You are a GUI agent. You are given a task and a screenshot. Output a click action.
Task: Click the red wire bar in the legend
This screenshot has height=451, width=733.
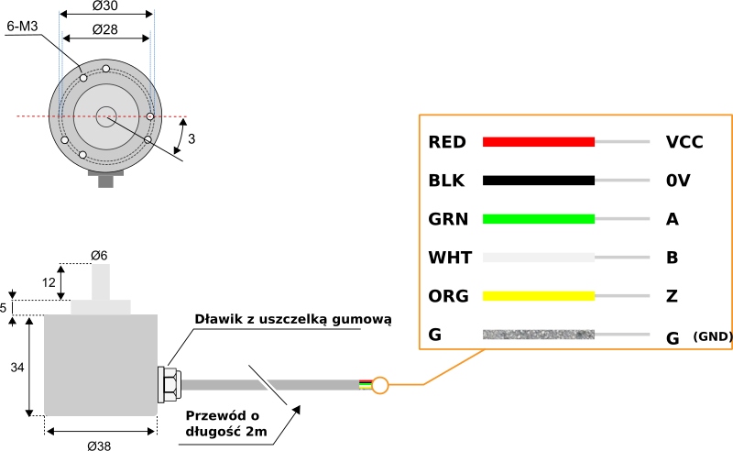click(x=539, y=142)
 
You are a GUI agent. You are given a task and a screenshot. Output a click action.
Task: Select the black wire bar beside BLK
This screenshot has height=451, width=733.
click(x=539, y=181)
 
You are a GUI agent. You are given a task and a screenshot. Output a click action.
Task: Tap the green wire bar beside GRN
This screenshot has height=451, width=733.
click(x=539, y=219)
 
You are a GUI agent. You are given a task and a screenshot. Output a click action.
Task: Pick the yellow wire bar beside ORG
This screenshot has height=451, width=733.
click(x=539, y=296)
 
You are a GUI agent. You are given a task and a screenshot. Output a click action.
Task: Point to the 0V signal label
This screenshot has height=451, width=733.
click(x=677, y=181)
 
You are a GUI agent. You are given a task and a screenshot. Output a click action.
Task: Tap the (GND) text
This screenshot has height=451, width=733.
click(x=712, y=336)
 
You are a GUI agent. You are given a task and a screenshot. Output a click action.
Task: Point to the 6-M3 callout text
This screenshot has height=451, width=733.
click(x=21, y=27)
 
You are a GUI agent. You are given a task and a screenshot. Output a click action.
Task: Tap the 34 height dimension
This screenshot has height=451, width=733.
click(x=16, y=367)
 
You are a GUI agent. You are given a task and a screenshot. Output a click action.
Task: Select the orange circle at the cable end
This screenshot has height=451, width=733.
click(x=381, y=385)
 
